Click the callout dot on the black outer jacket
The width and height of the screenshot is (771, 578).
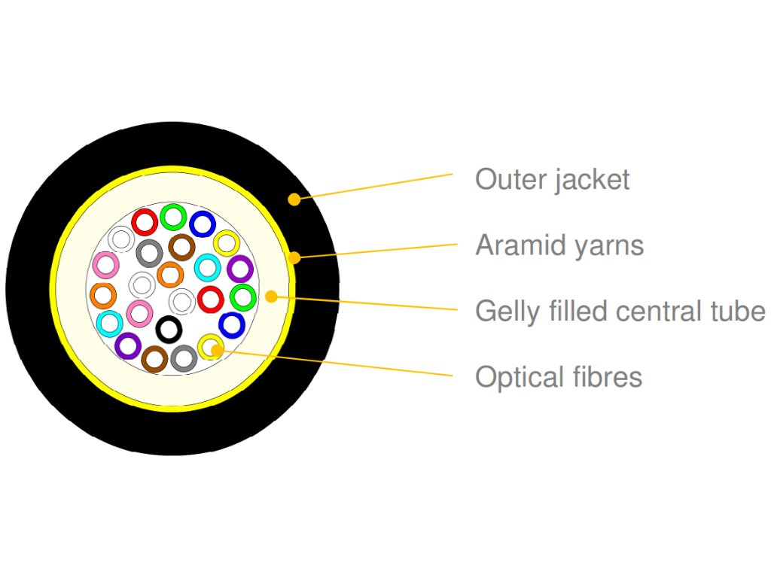(x=294, y=199)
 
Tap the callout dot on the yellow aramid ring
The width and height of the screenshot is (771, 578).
(x=295, y=258)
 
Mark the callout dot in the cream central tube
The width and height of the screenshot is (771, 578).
(x=272, y=297)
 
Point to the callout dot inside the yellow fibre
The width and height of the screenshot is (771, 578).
(x=215, y=348)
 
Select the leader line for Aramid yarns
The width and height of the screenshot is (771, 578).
(x=376, y=251)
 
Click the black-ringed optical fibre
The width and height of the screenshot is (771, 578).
(x=169, y=329)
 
